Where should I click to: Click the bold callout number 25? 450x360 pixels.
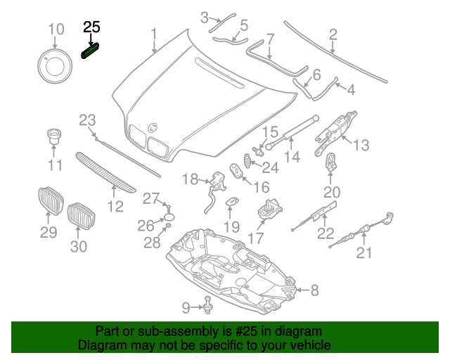click(x=92, y=27)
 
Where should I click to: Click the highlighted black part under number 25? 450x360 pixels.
click(x=91, y=51)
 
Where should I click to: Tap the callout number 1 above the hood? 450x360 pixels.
click(x=154, y=33)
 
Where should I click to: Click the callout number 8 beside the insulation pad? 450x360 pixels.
click(x=314, y=289)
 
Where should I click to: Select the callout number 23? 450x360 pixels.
click(x=86, y=120)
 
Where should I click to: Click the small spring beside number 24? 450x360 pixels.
click(x=247, y=162)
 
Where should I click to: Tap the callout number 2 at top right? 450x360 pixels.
click(x=333, y=33)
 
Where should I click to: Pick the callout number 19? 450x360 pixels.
click(x=231, y=226)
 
